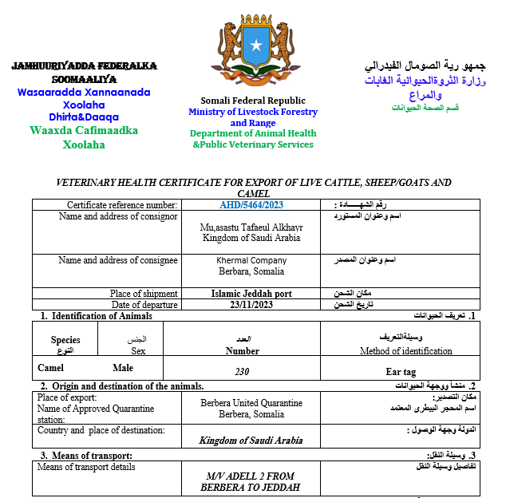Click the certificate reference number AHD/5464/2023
pyautogui.click(x=251, y=205)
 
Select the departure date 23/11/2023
pyautogui.click(x=251, y=305)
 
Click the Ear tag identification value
pyautogui.click(x=401, y=371)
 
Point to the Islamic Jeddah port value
pyautogui.click(x=251, y=294)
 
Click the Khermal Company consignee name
pyautogui.click(x=251, y=260)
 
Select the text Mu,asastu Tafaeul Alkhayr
pyautogui.click(x=251, y=227)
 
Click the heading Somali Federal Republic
pyautogui.click(x=252, y=101)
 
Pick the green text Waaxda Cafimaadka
pyautogui.click(x=84, y=130)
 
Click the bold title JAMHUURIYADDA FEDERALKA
pyautogui.click(x=84, y=66)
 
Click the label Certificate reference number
pyautogui.click(x=122, y=205)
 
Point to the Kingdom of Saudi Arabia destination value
pyautogui.click(x=251, y=440)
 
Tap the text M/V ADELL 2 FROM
pyautogui.click(x=251, y=476)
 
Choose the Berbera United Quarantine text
pyautogui.click(x=251, y=403)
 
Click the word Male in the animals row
pyautogui.click(x=124, y=368)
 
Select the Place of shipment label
pyautogui.click(x=144, y=294)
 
